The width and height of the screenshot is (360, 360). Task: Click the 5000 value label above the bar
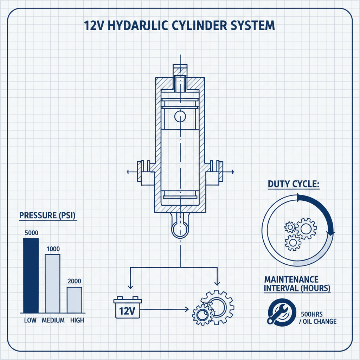(x=31, y=233)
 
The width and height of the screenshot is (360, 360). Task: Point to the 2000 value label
(x=74, y=281)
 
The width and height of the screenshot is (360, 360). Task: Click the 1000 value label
(x=53, y=249)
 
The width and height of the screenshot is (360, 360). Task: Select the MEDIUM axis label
(x=53, y=320)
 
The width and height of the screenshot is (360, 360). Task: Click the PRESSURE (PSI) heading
(x=48, y=215)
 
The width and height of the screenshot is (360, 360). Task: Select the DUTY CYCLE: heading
(x=293, y=184)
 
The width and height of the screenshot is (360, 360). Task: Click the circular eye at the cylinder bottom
(x=180, y=229)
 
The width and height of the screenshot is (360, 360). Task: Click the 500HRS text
(x=314, y=314)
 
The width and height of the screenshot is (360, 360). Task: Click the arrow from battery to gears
(x=165, y=309)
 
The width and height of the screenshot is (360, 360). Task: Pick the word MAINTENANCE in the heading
(x=291, y=280)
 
